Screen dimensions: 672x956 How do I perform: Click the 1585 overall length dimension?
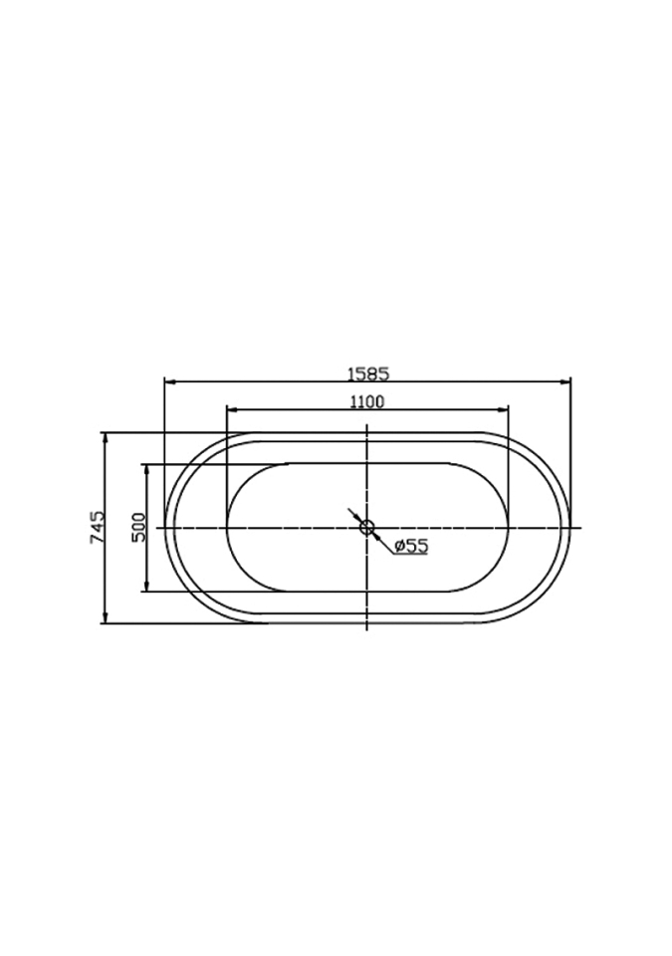367,373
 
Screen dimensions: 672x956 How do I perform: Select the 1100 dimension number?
366,401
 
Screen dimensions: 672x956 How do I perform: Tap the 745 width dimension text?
98,528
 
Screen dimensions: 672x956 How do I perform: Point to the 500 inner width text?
139,527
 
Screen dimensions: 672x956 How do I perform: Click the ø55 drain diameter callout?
411,546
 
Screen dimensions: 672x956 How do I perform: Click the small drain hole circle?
366,528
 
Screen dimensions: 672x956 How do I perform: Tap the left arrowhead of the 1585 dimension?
170,382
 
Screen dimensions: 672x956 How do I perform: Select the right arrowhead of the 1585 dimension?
565,382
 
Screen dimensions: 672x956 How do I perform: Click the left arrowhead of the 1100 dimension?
232,409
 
